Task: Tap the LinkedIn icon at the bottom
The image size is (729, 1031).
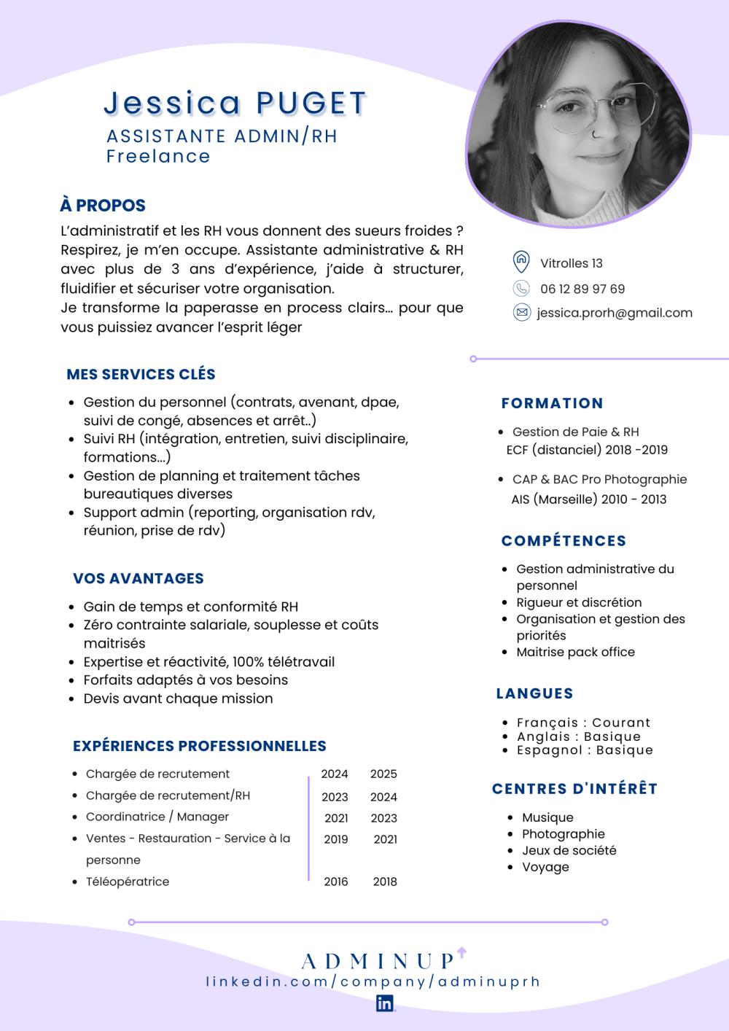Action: (385, 1003)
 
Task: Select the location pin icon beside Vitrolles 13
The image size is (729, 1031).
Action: (521, 262)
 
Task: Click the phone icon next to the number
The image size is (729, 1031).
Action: (521, 288)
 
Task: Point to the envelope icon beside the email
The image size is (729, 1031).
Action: (521, 313)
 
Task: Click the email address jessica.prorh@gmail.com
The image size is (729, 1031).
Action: (615, 313)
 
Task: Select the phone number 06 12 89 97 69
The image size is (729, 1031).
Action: (582, 289)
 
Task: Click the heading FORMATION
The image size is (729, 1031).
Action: (553, 403)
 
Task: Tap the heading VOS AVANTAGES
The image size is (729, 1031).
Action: (139, 578)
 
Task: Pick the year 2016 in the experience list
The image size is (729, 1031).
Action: (336, 882)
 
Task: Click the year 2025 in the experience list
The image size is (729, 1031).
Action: (383, 774)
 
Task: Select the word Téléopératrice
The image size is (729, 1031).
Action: (128, 882)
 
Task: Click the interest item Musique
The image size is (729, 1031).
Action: (547, 817)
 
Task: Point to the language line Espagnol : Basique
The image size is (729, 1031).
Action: (585, 750)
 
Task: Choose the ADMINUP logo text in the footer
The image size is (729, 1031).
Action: (378, 961)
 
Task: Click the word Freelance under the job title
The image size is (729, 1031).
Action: (158, 156)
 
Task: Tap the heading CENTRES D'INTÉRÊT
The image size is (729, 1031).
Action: (574, 788)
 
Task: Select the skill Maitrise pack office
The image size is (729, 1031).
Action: (575, 652)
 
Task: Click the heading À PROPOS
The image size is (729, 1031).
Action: (103, 206)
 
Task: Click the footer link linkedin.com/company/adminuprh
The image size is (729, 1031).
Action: (373, 981)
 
